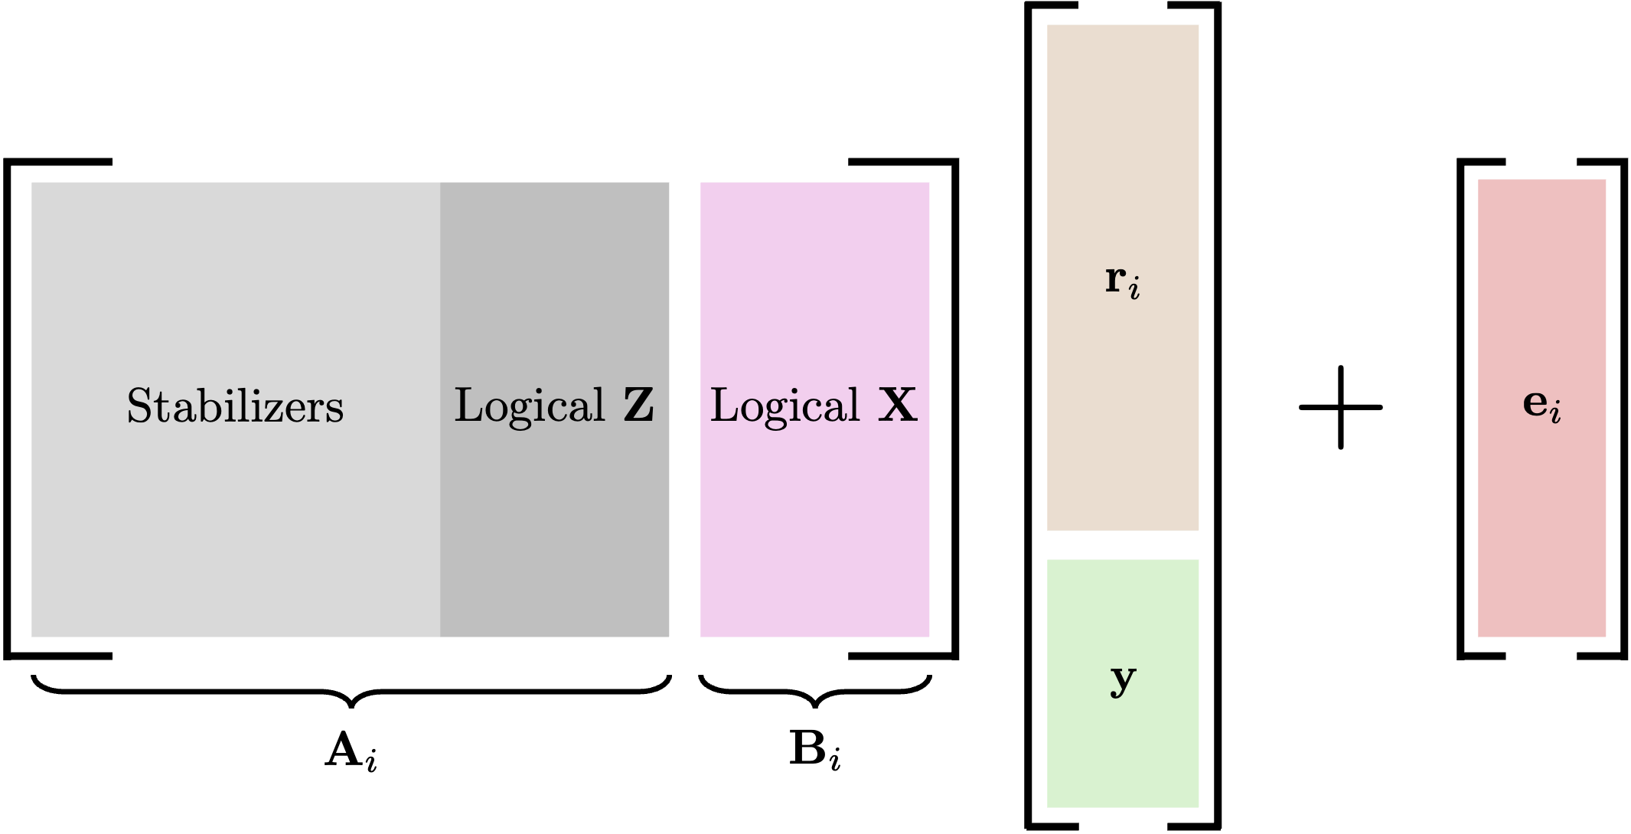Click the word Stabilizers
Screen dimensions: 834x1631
click(x=235, y=406)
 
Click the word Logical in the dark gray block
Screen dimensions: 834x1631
click(x=530, y=406)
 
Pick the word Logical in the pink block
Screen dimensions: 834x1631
click(x=785, y=406)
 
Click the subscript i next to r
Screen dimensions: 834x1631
click(x=1134, y=289)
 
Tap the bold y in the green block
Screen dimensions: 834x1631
click(x=1123, y=679)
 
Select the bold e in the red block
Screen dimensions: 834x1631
click(x=1535, y=402)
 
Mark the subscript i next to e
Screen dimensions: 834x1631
click(x=1555, y=412)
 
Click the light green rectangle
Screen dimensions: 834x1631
click(x=1123, y=750)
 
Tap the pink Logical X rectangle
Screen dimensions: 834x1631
click(x=814, y=536)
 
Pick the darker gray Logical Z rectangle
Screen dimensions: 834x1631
click(x=554, y=536)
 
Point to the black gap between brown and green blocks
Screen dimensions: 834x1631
click(x=1123, y=545)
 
